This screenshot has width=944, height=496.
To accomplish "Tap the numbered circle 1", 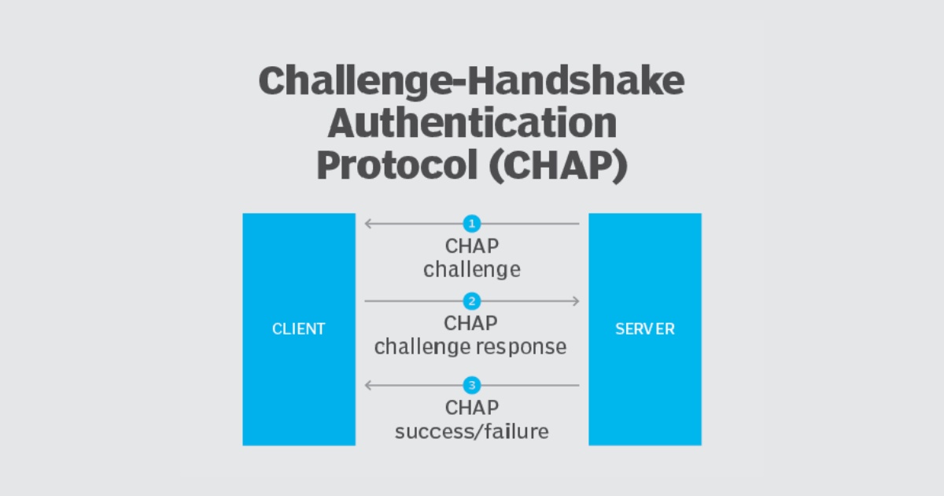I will [472, 224].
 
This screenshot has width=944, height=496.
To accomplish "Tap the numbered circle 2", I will [472, 301].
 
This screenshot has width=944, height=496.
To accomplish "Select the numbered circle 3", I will [472, 386].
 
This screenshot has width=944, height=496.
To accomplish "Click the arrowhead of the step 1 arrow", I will [367, 224].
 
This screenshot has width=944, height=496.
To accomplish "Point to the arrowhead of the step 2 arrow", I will [577, 301].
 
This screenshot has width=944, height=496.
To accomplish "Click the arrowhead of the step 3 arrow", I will [367, 386].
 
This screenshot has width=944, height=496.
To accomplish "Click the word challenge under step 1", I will [472, 269].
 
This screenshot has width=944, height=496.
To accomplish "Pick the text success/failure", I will [472, 431].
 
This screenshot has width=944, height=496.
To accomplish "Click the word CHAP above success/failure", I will [472, 408].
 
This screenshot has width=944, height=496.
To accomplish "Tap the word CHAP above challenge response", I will [471, 323].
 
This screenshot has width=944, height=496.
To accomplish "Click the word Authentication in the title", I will [472, 124].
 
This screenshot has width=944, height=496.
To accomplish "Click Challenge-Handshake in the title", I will [472, 81].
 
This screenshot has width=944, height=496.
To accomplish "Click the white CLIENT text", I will [299, 329].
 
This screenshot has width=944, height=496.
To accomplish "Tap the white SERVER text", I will [645, 329].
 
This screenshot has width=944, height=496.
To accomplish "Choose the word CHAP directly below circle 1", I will [472, 246].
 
